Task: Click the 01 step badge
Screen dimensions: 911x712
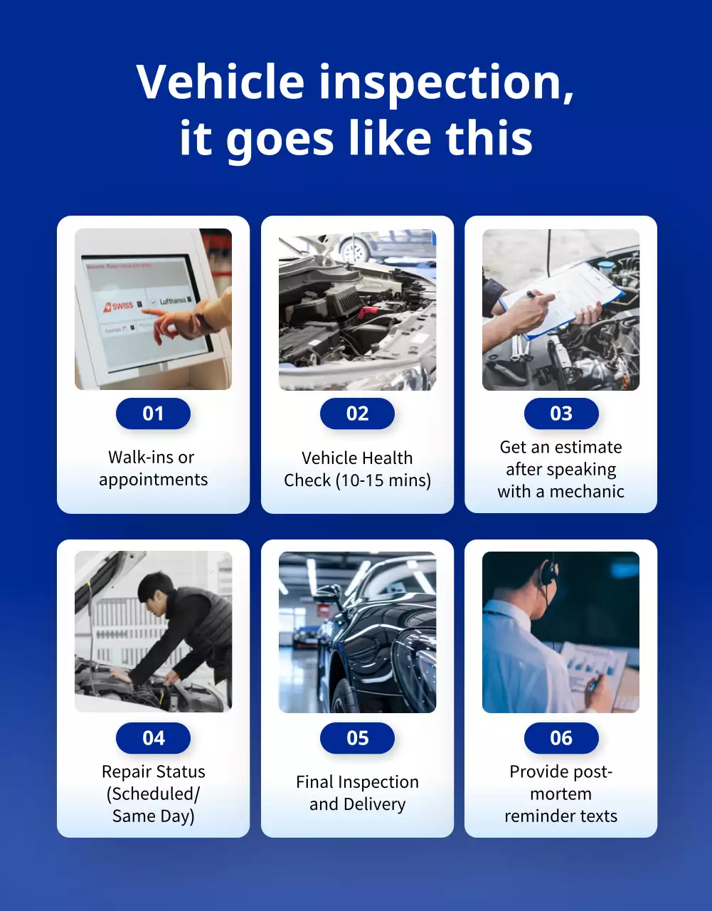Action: coord(153,414)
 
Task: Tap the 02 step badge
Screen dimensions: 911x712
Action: coord(357,414)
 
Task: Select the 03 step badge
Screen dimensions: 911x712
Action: coord(561,414)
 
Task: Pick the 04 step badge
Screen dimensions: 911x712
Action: coord(153,738)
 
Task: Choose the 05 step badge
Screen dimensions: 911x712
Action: coord(357,738)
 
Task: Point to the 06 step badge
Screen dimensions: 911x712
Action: coord(561,738)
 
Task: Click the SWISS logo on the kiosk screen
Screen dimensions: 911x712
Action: coord(119,305)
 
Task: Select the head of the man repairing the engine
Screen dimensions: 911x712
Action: coord(155,589)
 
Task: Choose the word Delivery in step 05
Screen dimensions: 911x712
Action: coord(374,804)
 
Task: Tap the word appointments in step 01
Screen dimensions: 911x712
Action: coord(153,480)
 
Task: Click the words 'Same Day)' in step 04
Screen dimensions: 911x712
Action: coord(153,816)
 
